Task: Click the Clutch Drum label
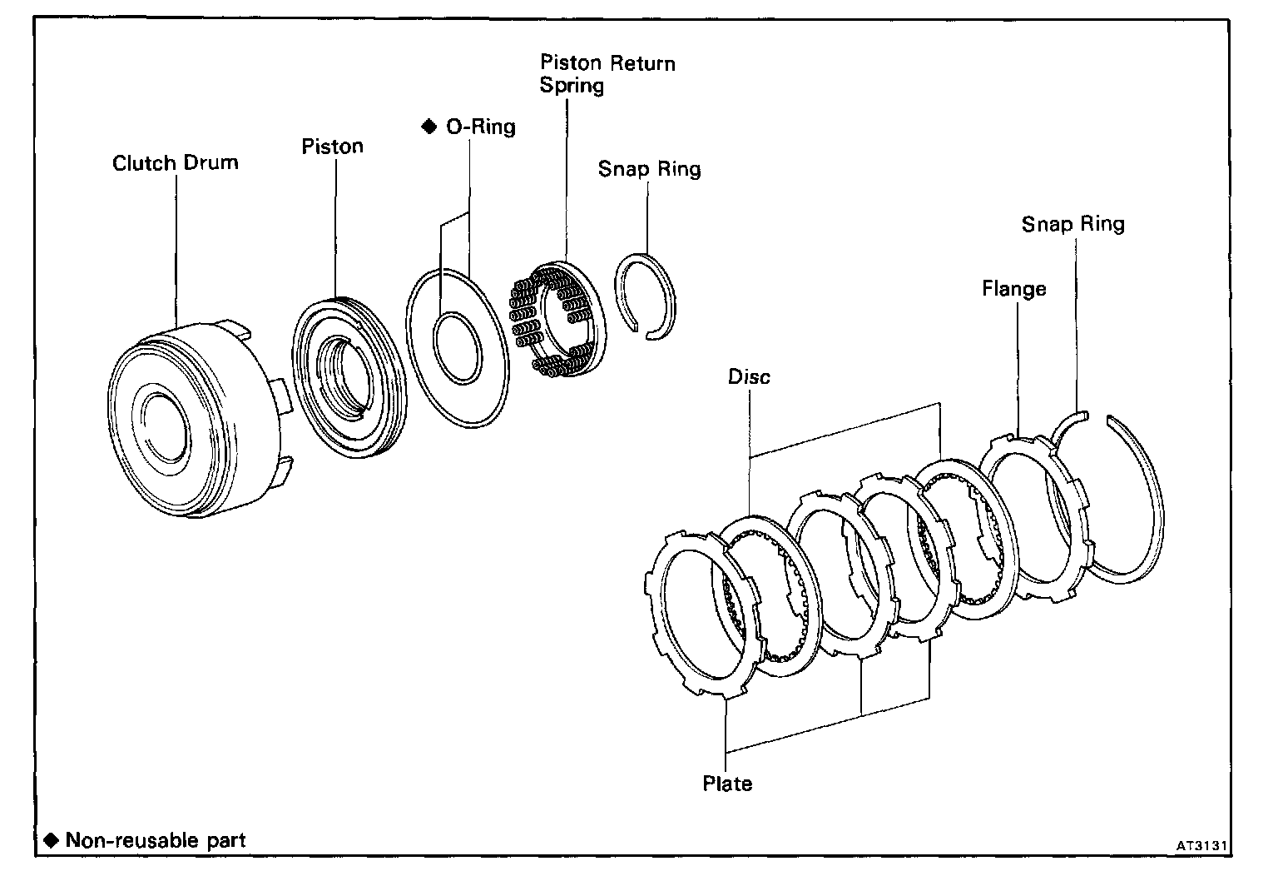175,162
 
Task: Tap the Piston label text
332,147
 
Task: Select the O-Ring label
481,127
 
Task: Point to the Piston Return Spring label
607,74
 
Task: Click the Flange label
1013,289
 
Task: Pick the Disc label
749,376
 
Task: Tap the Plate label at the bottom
727,784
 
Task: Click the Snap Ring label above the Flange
1072,224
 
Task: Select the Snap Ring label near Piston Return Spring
649,169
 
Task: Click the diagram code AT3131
1201,845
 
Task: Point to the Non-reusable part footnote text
155,839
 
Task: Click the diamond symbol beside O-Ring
429,127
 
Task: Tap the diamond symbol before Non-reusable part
52,839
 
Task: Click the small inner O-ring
457,347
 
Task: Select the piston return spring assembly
553,319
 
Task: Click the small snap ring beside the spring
648,296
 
